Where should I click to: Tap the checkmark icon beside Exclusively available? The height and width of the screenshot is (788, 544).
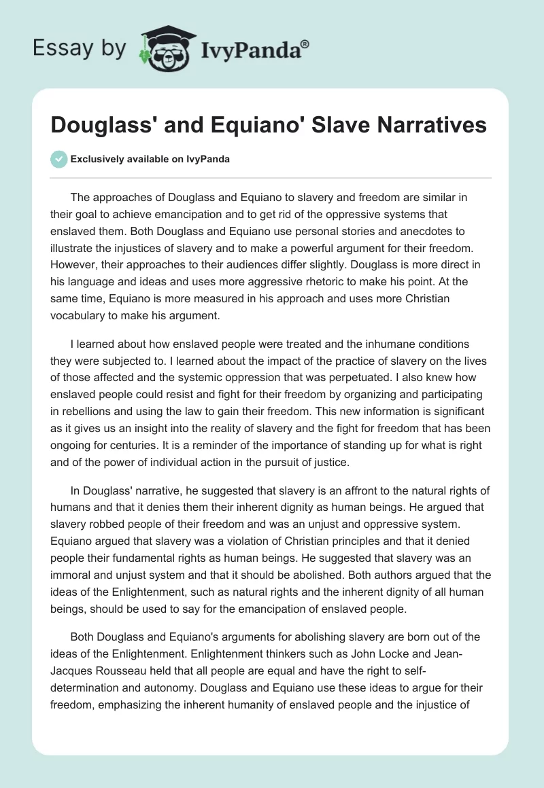click(58, 159)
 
